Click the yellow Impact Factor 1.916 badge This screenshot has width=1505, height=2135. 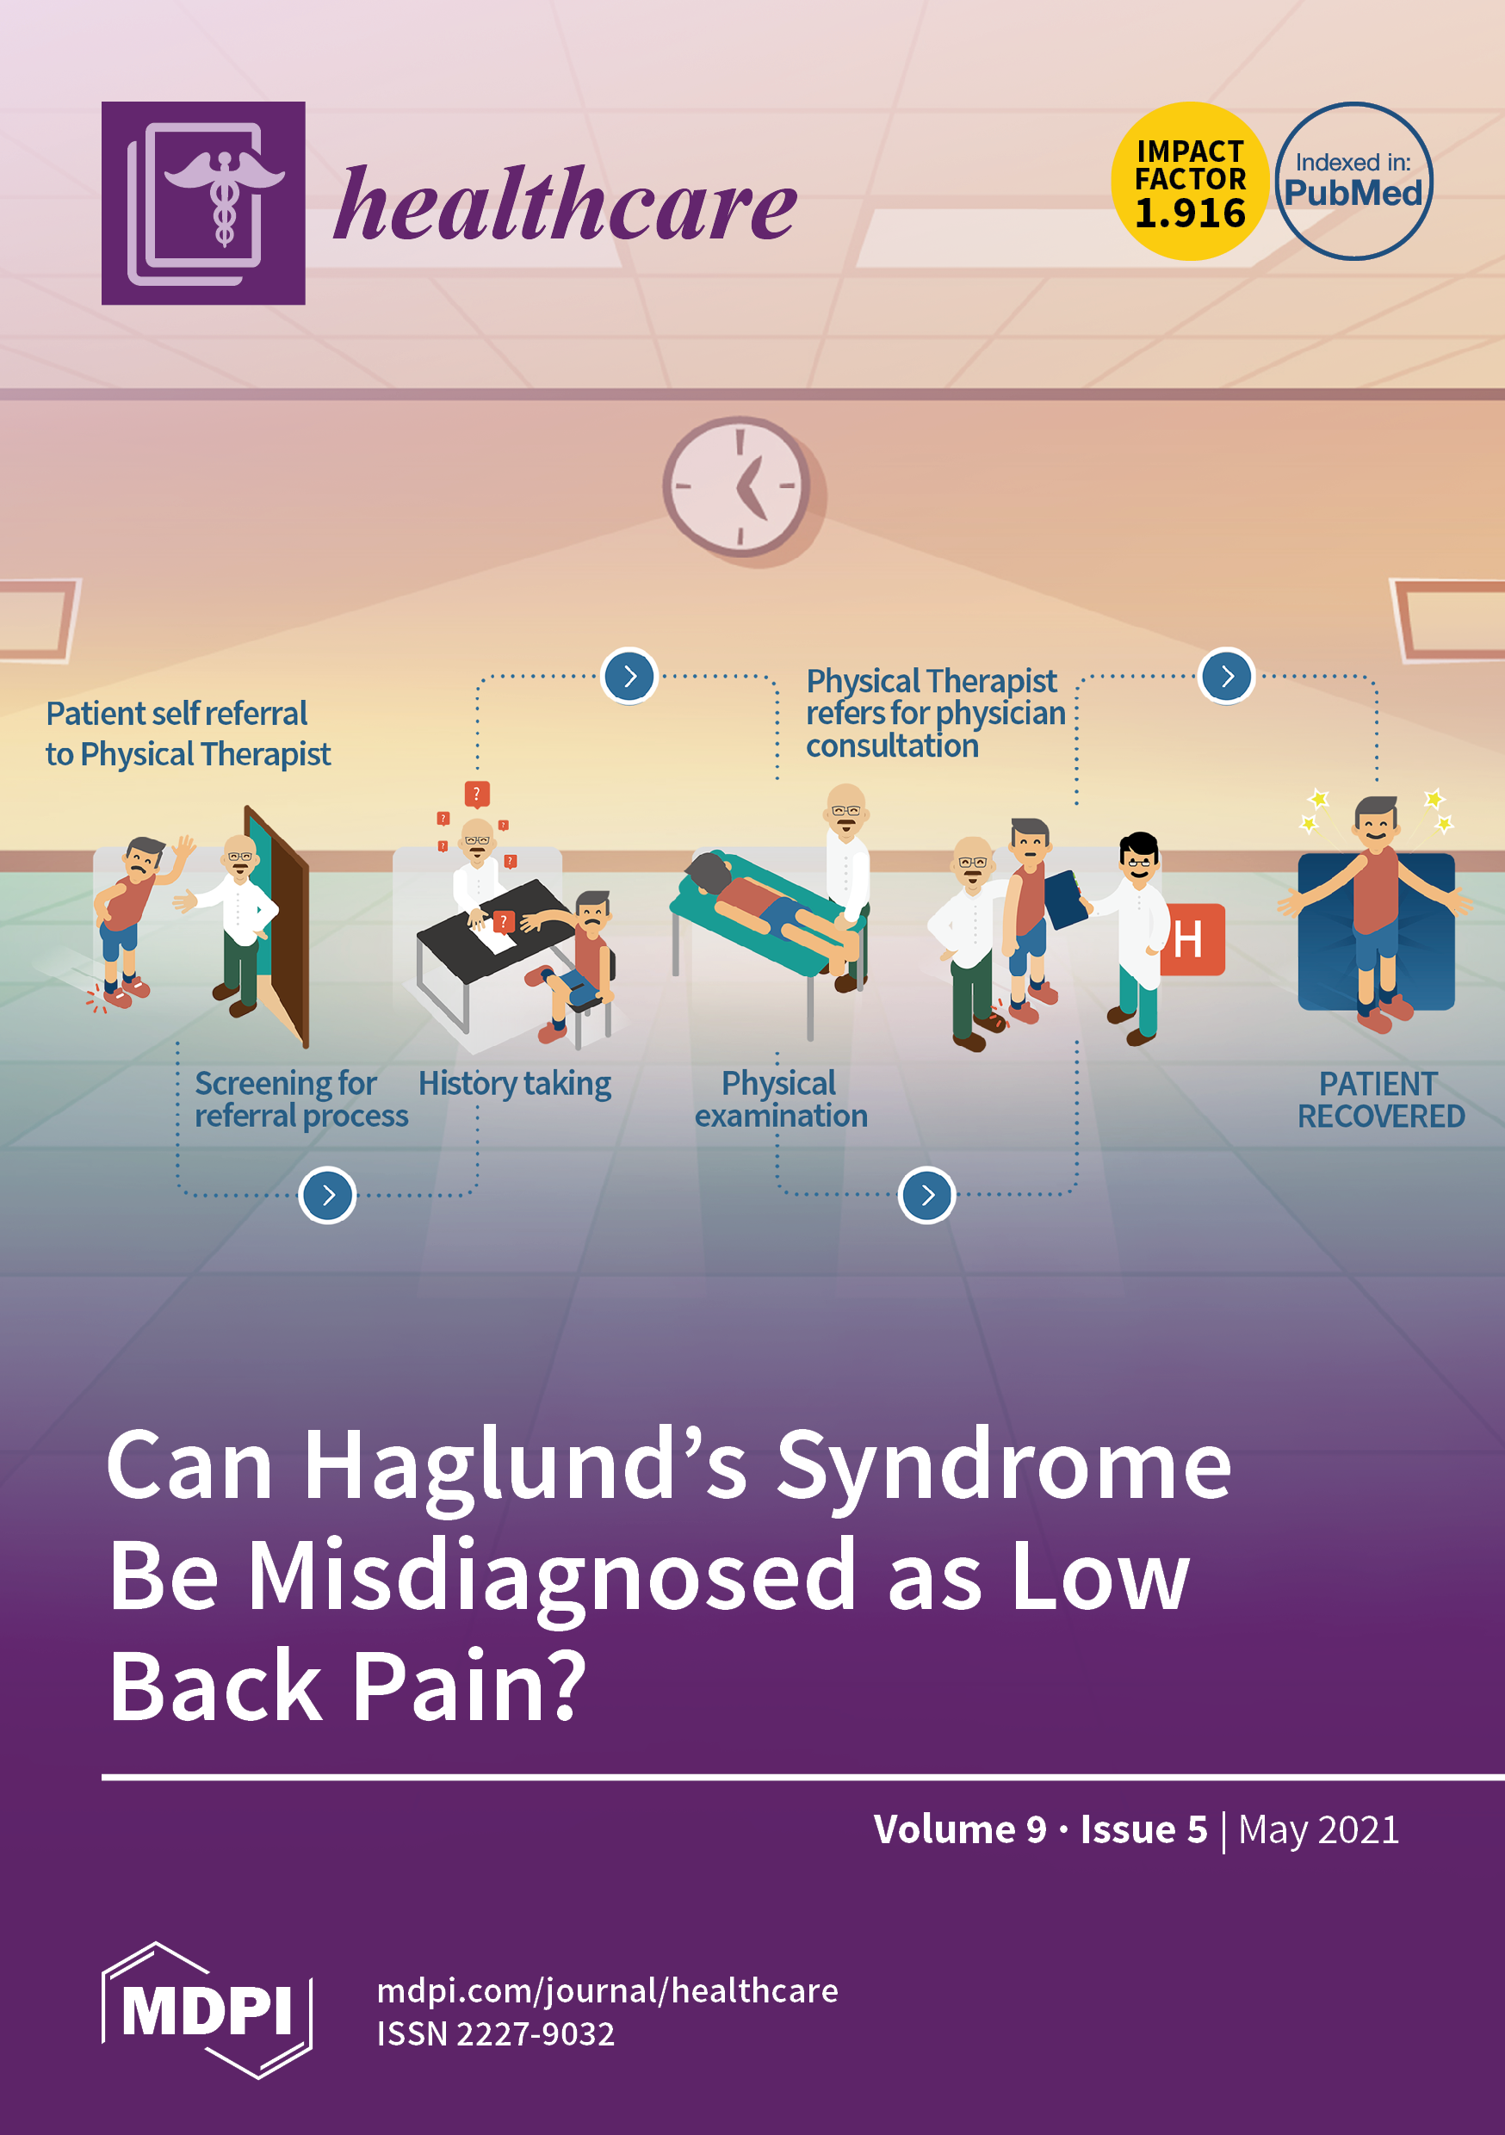(x=1189, y=182)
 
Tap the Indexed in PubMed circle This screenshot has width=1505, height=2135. (x=1353, y=182)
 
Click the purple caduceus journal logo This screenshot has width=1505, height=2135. (x=203, y=202)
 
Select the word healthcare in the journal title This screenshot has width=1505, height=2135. (x=565, y=205)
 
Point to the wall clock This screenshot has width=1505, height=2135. (x=738, y=486)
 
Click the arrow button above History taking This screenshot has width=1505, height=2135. (x=629, y=676)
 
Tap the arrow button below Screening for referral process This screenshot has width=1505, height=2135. (x=327, y=1195)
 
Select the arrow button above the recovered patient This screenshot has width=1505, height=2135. (x=1227, y=676)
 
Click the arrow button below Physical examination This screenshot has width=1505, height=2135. (x=926, y=1195)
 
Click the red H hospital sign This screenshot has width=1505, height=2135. (x=1192, y=939)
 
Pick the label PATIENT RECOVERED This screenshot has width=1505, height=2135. (x=1380, y=1100)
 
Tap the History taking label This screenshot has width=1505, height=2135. (x=514, y=1084)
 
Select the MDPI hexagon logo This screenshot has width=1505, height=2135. (x=207, y=2010)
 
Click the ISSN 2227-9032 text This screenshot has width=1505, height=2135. (x=496, y=2034)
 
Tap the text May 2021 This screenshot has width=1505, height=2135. (x=1318, y=1830)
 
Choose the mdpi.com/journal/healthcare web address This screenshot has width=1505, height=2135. (x=607, y=1991)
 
